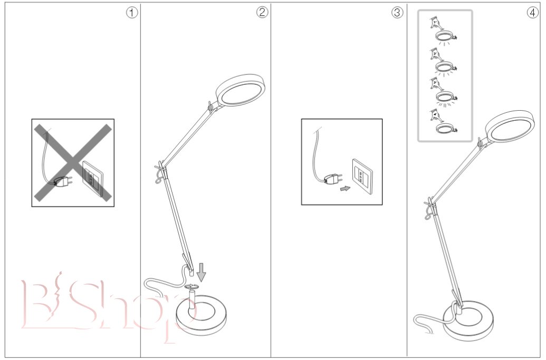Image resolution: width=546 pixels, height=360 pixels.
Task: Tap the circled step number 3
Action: pos(397,13)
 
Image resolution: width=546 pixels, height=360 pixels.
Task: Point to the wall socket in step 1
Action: pos(91,179)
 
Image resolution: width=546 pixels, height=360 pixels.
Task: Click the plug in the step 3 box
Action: pos(331,179)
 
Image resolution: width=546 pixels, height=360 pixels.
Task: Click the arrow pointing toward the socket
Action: pos(345,188)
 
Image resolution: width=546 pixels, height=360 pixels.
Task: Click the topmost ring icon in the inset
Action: pos(445,36)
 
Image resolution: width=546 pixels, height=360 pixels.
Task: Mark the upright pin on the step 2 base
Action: pos(193,298)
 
